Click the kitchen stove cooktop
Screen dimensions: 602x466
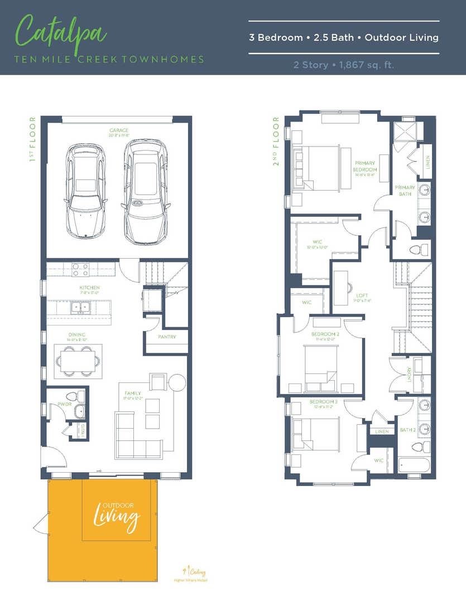click(x=80, y=269)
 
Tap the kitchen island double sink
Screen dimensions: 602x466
click(x=80, y=307)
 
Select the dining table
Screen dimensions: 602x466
click(x=78, y=361)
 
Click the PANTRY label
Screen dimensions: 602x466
click(x=166, y=337)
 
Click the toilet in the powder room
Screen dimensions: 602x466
click(x=78, y=396)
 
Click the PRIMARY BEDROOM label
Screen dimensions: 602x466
click(x=365, y=167)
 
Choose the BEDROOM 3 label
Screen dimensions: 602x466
click(x=323, y=401)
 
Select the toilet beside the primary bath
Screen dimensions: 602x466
click(x=419, y=250)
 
